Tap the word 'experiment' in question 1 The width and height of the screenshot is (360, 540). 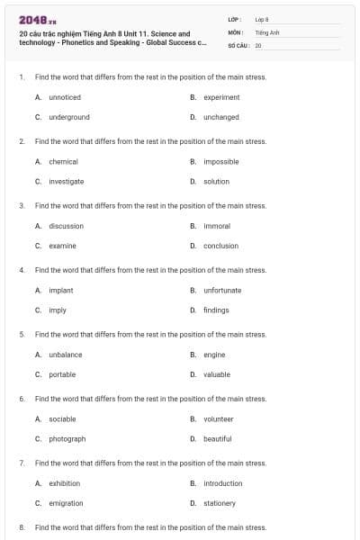(221, 97)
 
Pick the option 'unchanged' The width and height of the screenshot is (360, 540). (221, 117)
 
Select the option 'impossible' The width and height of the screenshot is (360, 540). (221, 161)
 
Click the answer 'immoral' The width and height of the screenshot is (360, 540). (217, 226)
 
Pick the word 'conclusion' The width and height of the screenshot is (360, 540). (220, 246)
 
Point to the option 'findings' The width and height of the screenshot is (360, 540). (216, 310)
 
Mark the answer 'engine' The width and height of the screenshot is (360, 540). (214, 355)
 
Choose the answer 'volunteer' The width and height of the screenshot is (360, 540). (219, 418)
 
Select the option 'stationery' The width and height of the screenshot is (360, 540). (220, 503)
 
